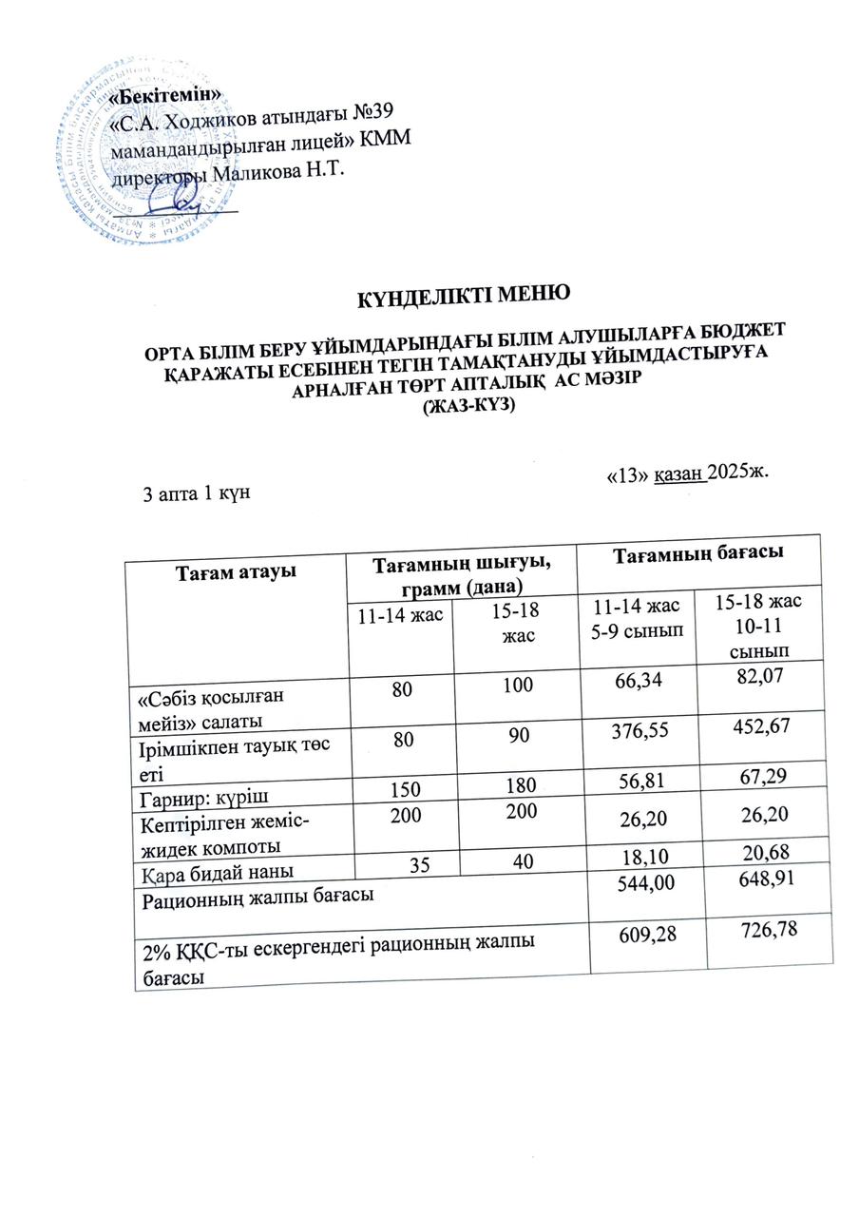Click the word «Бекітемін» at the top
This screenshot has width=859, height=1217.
click(166, 96)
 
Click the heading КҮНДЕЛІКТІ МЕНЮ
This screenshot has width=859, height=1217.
click(463, 295)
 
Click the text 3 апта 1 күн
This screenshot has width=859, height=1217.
click(195, 494)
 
